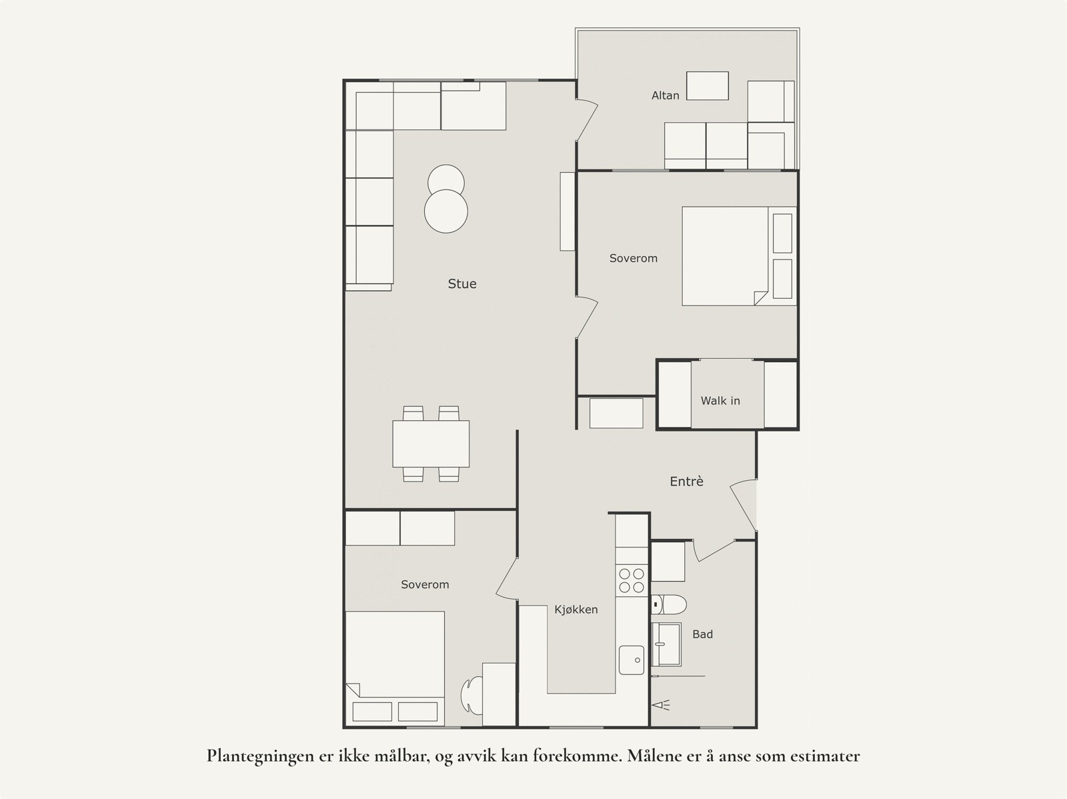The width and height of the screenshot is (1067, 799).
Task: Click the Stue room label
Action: [461, 284]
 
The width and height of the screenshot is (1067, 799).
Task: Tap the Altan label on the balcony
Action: [665, 95]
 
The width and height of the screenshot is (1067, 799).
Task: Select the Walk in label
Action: [720, 401]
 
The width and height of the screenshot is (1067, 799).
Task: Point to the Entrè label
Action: [686, 481]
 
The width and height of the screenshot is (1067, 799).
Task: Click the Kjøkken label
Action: [576, 610]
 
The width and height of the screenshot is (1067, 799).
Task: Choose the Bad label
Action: [702, 634]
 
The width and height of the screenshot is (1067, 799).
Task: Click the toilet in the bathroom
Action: [669, 605]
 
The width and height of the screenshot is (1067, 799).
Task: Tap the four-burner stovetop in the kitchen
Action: [632, 581]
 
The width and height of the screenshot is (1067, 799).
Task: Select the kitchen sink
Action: [632, 660]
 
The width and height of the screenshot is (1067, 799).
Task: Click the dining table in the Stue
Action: [431, 444]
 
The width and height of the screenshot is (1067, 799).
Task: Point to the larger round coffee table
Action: [445, 211]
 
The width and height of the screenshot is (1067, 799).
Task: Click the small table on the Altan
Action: [708, 86]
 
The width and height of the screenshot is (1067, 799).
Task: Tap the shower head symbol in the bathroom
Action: [661, 705]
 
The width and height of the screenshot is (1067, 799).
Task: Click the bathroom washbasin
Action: [666, 644]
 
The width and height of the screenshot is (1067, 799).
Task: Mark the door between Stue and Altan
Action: [587, 120]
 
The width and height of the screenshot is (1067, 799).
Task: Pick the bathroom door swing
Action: [714, 551]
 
